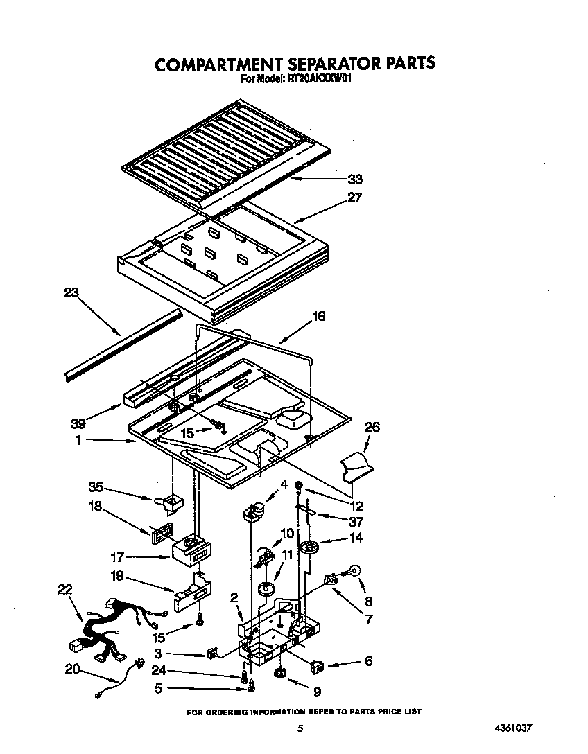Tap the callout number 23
[x=71, y=292]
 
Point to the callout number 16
[x=318, y=316]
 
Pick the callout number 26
[x=372, y=427]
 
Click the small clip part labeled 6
[x=316, y=666]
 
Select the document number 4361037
[x=514, y=728]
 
